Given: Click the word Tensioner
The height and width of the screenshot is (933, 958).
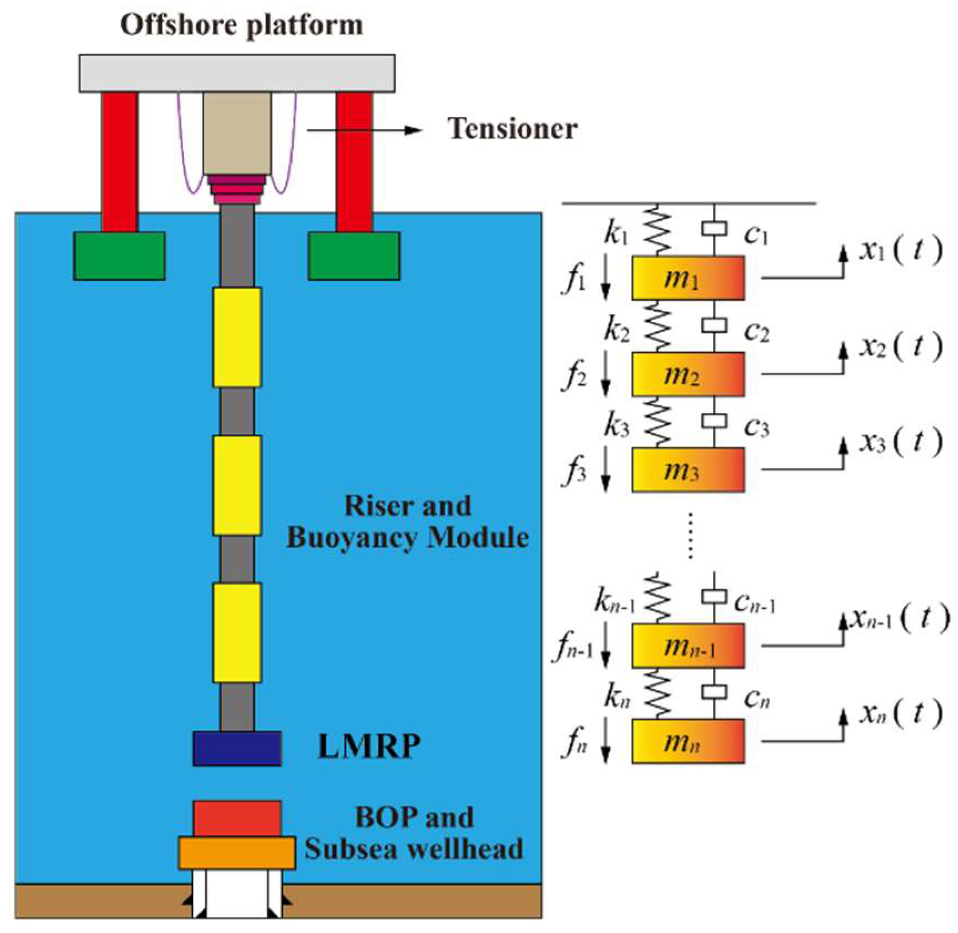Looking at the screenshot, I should point(512,129).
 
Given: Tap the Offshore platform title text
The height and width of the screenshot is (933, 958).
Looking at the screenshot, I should point(242,25).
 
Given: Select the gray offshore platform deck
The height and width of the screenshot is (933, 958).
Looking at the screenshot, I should point(237,73).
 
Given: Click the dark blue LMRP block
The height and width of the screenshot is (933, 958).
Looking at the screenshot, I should point(237,749).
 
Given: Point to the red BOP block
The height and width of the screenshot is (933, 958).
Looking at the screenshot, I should point(237,818).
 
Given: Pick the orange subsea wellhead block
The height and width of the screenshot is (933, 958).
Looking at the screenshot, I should point(237,853).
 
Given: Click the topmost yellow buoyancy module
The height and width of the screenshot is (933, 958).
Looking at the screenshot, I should point(237,337).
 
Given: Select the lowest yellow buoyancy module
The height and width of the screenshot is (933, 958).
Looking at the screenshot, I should point(237,632).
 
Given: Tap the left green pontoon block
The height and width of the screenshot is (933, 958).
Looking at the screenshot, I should point(119,255).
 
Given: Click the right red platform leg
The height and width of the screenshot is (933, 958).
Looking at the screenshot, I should point(354,161).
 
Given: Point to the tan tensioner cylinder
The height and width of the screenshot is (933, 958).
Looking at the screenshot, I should point(237,133).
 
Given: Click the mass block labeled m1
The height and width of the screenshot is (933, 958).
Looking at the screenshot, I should point(688,278).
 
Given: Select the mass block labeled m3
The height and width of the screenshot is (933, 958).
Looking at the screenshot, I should point(688,470).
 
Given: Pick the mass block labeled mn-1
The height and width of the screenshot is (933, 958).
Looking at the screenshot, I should point(688,645).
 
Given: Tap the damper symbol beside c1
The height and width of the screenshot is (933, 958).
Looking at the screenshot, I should point(714,229).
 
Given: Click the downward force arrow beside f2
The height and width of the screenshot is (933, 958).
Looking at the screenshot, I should point(605,377).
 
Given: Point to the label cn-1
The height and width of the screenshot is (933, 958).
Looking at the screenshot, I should point(754,603).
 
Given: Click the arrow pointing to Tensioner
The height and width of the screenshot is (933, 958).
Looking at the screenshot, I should point(364,130).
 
